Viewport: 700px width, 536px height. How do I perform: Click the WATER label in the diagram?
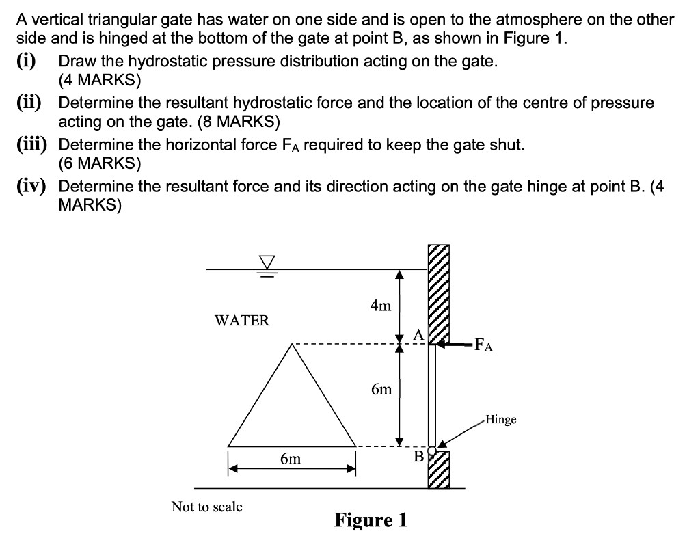(242, 320)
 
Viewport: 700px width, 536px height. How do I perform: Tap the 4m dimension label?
(380, 306)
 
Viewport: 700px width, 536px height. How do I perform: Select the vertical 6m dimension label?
(381, 390)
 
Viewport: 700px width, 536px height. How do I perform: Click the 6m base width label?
(291, 459)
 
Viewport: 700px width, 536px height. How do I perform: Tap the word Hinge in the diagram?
(500, 419)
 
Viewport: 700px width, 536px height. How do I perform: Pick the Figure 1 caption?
(371, 520)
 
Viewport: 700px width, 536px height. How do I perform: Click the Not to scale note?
(206, 507)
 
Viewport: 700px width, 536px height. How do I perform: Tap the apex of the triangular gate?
(293, 344)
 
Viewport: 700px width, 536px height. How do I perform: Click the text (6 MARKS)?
(100, 164)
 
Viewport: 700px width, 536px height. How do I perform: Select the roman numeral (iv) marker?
(32, 187)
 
